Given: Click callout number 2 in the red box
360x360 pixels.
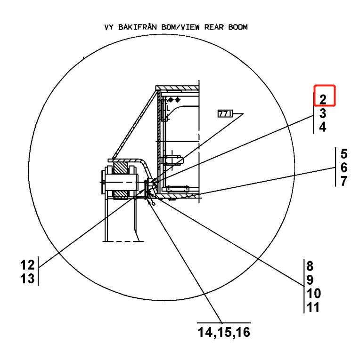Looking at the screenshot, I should point(323,99).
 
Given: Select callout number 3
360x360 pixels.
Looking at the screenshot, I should point(323,113).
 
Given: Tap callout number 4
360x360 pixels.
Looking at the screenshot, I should point(323,127).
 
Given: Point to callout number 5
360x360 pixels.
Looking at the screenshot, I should point(344,153).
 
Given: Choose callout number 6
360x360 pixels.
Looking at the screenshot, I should point(344,168).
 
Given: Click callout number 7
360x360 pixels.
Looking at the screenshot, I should point(344,181).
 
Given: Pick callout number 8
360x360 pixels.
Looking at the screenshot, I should point(311,265).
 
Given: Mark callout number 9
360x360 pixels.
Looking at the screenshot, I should point(311,280).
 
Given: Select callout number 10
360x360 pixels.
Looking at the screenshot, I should point(314,294).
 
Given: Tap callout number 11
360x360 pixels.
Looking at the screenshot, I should point(313,308).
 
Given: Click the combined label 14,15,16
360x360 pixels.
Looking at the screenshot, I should point(224,333).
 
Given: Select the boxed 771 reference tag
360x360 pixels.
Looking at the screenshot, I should point(223,114).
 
